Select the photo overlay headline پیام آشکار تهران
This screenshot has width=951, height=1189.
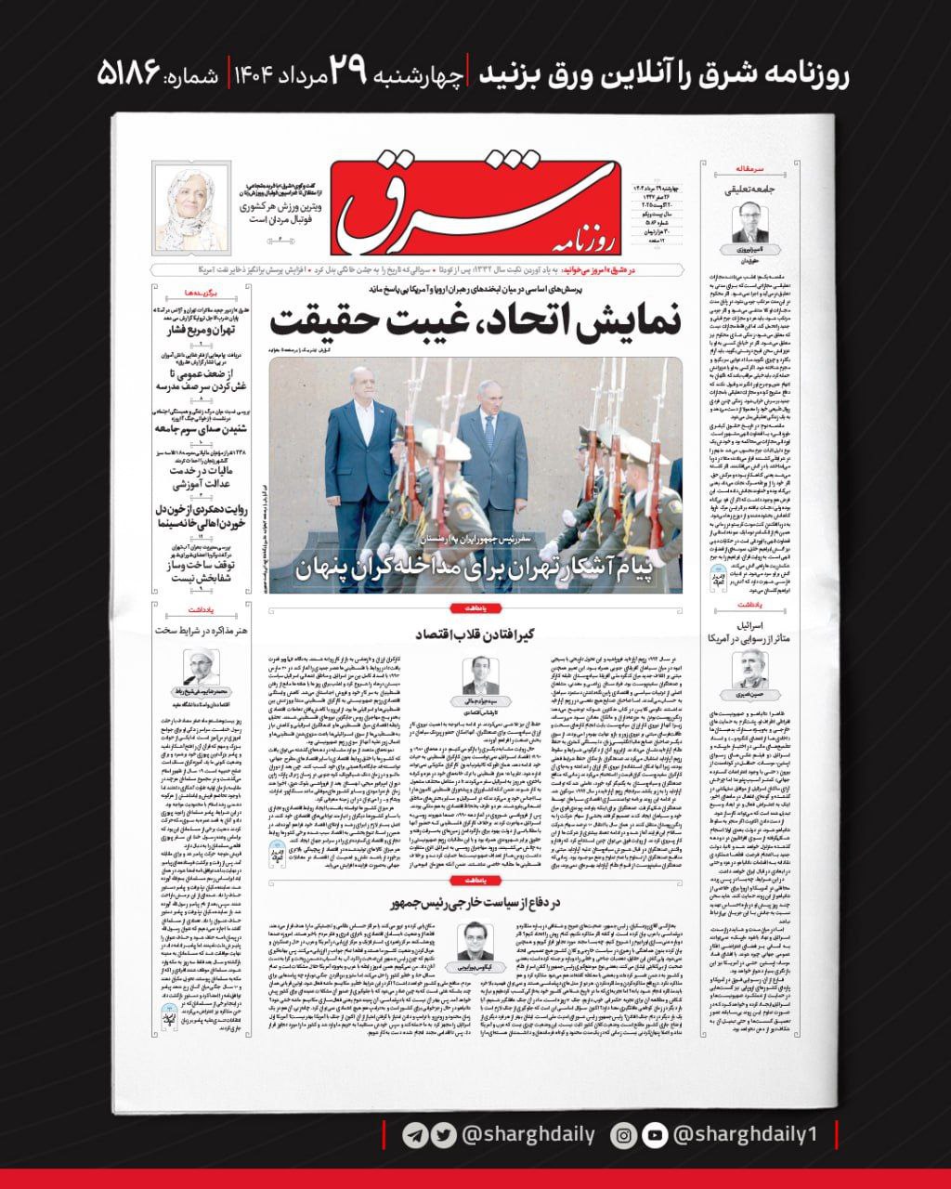[x=475, y=568]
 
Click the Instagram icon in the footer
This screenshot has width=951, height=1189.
[x=627, y=1134]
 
